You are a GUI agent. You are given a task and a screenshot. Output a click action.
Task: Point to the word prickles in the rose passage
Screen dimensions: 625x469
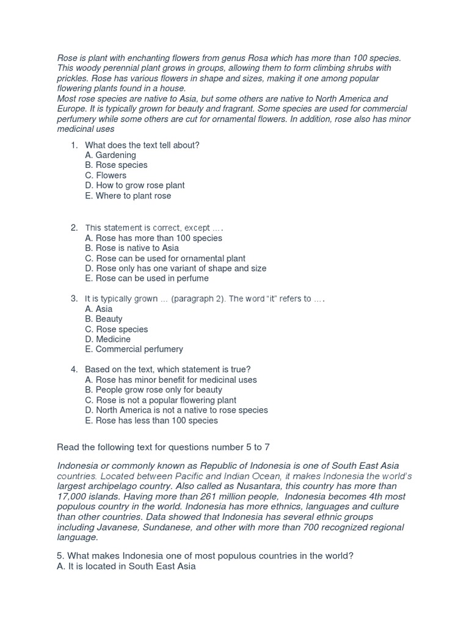(73, 79)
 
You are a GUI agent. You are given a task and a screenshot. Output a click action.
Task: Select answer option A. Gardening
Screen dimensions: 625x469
(111, 155)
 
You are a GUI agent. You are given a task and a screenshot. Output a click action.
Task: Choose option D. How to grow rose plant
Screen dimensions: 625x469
(135, 186)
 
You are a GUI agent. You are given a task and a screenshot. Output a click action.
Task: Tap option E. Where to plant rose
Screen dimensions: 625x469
(128, 196)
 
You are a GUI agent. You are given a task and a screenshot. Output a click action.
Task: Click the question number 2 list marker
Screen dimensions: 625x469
(74, 228)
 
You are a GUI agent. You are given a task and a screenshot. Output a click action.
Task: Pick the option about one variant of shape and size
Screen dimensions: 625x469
(176, 269)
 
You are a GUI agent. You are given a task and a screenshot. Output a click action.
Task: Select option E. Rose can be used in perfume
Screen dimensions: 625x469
(147, 278)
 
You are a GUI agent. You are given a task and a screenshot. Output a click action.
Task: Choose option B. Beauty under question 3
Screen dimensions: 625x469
(104, 319)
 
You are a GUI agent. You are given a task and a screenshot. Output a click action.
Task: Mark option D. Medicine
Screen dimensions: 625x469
(108, 339)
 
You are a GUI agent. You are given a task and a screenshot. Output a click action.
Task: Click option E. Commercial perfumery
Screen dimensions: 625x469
(134, 350)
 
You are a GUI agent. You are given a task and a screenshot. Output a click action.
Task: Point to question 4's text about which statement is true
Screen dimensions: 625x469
(168, 369)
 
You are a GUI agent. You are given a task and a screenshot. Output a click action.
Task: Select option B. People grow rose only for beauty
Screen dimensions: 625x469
(154, 390)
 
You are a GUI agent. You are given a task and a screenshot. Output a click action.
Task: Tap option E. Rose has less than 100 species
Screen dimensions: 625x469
(151, 421)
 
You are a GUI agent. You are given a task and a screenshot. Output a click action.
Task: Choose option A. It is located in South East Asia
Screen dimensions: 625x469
(126, 567)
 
